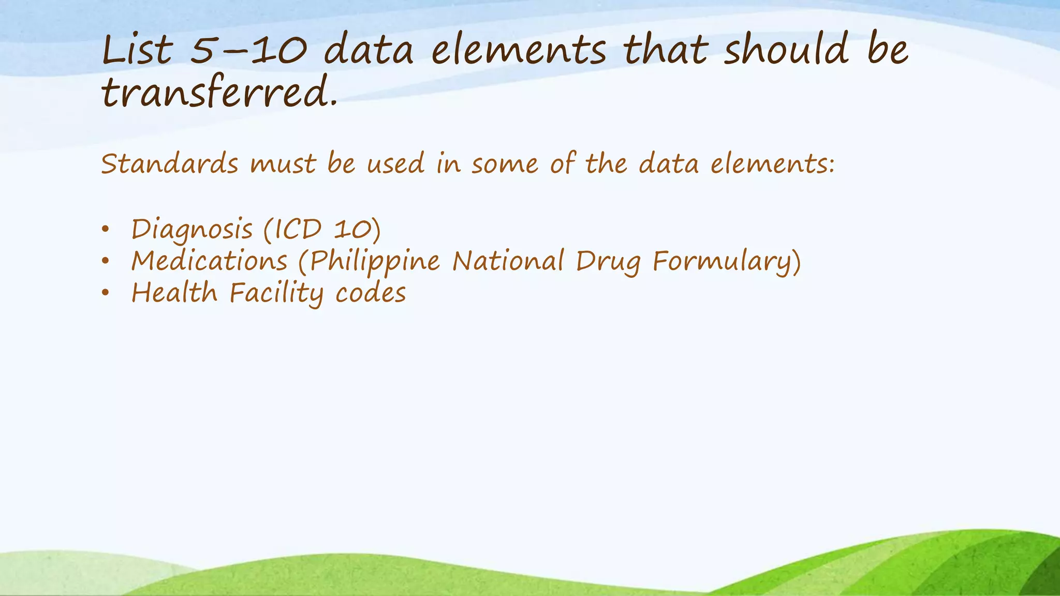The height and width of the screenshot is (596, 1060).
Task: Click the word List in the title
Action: tap(137, 50)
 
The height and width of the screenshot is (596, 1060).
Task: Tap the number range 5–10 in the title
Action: tap(249, 51)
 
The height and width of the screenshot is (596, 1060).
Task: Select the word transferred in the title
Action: tap(220, 94)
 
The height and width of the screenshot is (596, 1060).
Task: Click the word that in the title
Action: tap(665, 50)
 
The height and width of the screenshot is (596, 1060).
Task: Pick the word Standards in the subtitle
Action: tap(169, 164)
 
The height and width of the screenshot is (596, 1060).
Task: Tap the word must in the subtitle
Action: tap(283, 165)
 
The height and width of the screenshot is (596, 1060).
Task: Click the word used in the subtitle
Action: tap(395, 164)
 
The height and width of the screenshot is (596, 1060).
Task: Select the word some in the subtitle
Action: tap(505, 165)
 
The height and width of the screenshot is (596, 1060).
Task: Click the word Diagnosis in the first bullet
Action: tap(192, 230)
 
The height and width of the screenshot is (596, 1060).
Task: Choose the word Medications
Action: tap(209, 261)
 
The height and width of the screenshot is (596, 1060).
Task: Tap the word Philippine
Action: tap(375, 262)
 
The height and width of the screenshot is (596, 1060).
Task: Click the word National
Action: tap(508, 261)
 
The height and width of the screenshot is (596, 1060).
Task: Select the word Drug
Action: tap(608, 262)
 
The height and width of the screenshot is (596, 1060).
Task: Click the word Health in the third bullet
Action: tap(174, 293)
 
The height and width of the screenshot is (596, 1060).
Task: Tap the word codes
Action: tap(371, 293)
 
